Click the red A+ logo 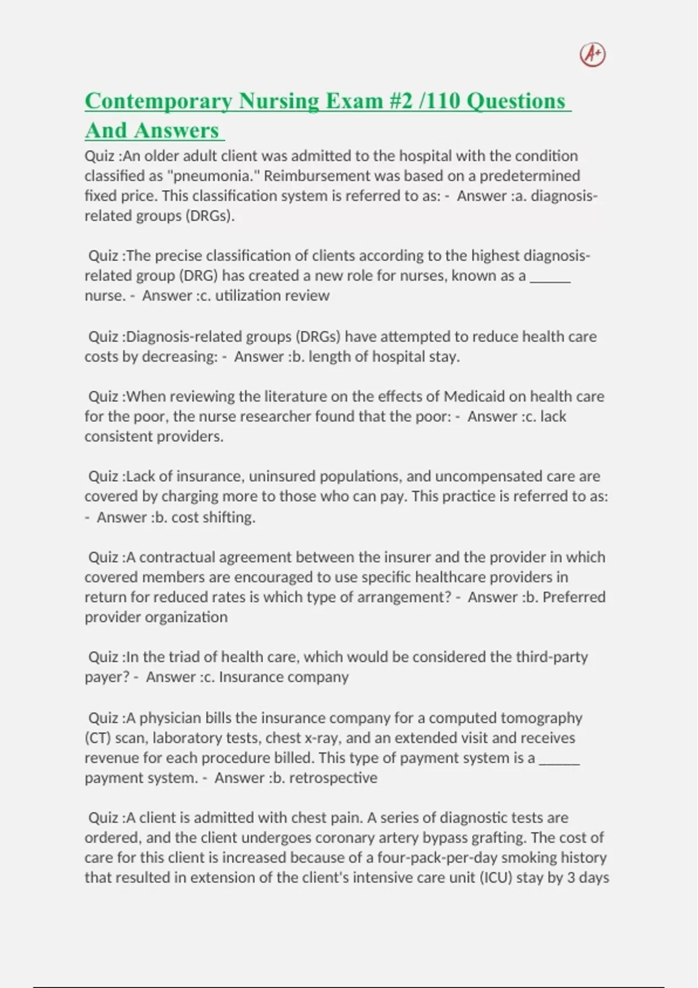(x=593, y=55)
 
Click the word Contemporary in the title (x=158, y=101)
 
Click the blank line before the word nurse (x=550, y=276)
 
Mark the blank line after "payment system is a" (x=559, y=758)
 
